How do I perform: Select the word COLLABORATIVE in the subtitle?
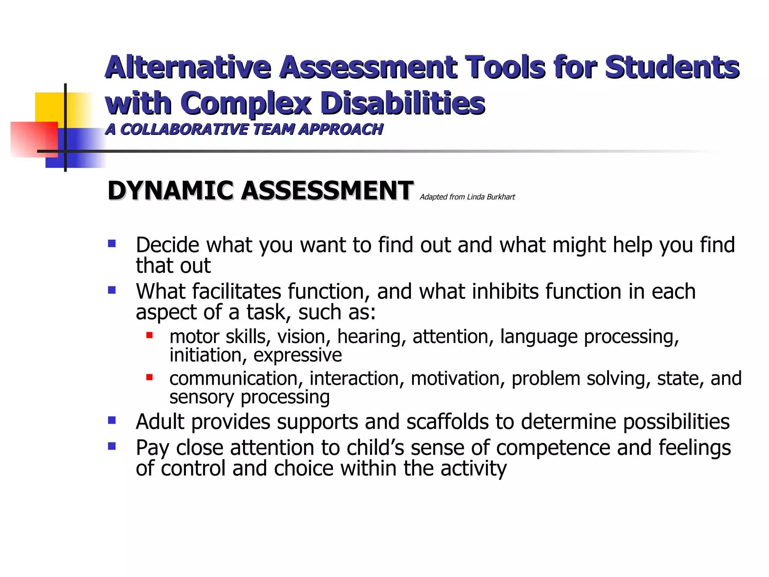point(184,129)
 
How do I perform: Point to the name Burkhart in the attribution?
point(501,197)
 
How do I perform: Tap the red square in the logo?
point(34,139)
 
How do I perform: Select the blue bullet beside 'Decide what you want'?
point(112,244)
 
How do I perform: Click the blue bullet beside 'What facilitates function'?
point(112,290)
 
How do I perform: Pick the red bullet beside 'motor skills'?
point(149,335)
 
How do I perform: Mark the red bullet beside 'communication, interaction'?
point(149,377)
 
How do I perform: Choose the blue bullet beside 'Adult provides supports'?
point(112,420)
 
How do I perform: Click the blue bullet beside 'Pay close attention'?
point(112,446)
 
